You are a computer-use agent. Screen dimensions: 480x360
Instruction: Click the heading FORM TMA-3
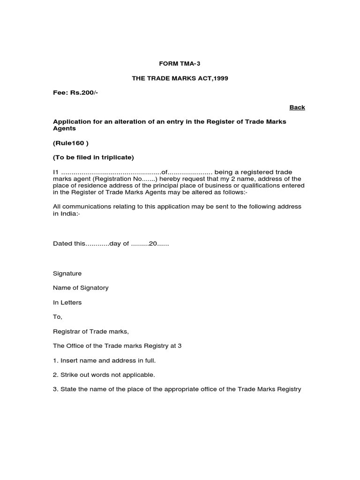(180, 63)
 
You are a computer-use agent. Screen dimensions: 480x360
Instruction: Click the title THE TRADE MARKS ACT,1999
(180, 78)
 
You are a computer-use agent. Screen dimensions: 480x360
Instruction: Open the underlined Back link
(297, 107)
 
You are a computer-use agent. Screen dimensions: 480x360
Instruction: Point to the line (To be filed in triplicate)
(93, 157)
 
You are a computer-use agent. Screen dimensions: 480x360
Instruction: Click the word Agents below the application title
(64, 128)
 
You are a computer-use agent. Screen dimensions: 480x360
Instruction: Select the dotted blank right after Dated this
(97, 244)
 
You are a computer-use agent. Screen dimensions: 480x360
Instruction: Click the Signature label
(67, 273)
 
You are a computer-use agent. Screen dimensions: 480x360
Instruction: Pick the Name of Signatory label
(81, 288)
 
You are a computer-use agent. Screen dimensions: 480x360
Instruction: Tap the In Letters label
(67, 302)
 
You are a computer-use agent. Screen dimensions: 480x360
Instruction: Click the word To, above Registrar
(57, 317)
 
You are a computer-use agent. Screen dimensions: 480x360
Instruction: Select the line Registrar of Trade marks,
(90, 331)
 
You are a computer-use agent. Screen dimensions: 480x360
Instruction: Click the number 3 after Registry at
(180, 346)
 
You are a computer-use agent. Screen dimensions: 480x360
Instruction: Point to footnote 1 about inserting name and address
(104, 360)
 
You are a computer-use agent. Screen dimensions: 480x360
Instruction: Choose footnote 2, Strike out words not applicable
(104, 375)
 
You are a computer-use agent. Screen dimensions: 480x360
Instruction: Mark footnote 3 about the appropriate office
(177, 390)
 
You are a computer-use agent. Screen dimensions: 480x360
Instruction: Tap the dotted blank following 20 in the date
(163, 244)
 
